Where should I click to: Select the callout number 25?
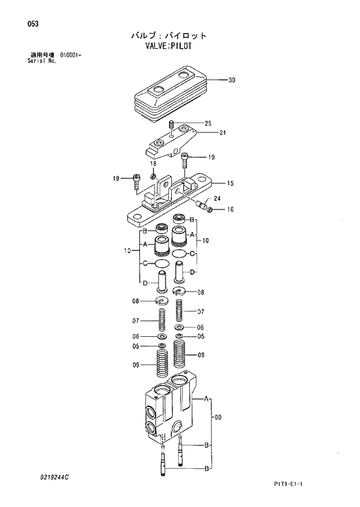[208, 123]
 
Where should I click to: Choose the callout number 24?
[217, 199]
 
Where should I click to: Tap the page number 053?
[24, 24]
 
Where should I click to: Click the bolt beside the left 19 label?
[136, 181]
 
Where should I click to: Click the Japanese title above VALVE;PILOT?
[168, 35]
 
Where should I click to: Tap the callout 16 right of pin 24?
[231, 209]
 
